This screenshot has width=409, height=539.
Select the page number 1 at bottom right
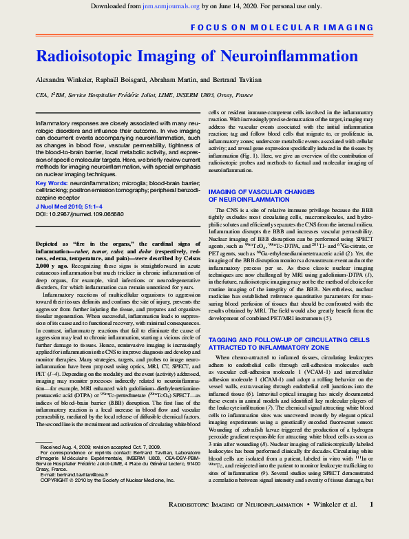coord(372,524)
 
